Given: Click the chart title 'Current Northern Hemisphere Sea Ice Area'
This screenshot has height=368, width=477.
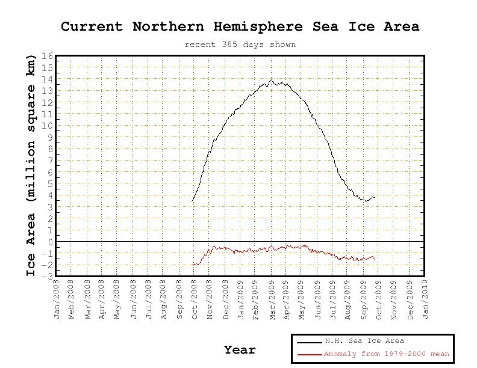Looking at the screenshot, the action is point(240,26).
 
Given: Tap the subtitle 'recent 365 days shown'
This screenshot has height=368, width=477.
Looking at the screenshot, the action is point(240,44).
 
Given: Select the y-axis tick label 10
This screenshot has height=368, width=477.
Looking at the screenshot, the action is point(48,126).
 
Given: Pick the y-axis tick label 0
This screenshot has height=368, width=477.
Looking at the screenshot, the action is point(51,242).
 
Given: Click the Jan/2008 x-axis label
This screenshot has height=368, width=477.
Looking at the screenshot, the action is point(57,299).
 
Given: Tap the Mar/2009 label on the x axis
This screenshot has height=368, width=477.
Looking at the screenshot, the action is point(272,299).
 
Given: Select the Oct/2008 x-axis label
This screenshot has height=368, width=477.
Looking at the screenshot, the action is point(195,299).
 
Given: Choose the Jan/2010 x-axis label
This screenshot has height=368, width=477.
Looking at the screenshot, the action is point(425,299).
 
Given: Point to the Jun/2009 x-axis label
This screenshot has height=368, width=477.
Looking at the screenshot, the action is point(318,299).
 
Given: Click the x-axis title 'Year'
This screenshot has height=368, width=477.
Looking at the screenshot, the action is point(240,350).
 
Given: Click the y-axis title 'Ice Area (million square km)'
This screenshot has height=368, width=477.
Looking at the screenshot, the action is point(31,165).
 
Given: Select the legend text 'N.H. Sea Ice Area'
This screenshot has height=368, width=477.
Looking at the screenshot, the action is point(364,341).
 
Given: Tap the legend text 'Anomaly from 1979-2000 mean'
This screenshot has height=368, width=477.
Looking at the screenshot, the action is point(386,354).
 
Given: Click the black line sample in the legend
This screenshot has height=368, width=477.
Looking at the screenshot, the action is point(310,343).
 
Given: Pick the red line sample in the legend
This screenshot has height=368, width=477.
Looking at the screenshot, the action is point(310,354).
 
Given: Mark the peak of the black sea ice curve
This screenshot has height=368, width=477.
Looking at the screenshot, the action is point(271,81).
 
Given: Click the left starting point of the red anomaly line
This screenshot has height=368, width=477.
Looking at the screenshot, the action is point(192,265).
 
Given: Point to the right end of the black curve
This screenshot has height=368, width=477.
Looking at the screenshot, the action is point(375,197).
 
